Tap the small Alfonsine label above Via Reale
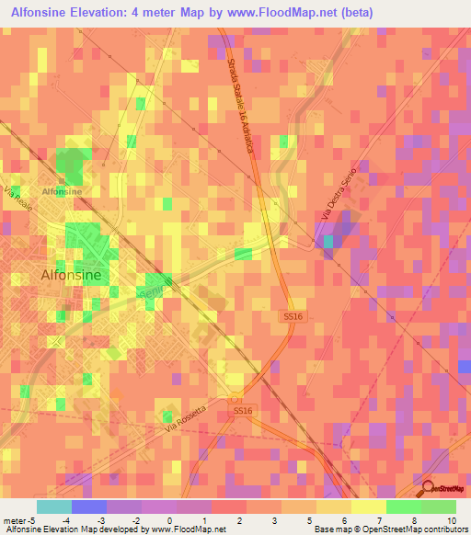coord(62,191)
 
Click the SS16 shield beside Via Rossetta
coord(242,411)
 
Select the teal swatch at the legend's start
coord(54,507)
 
